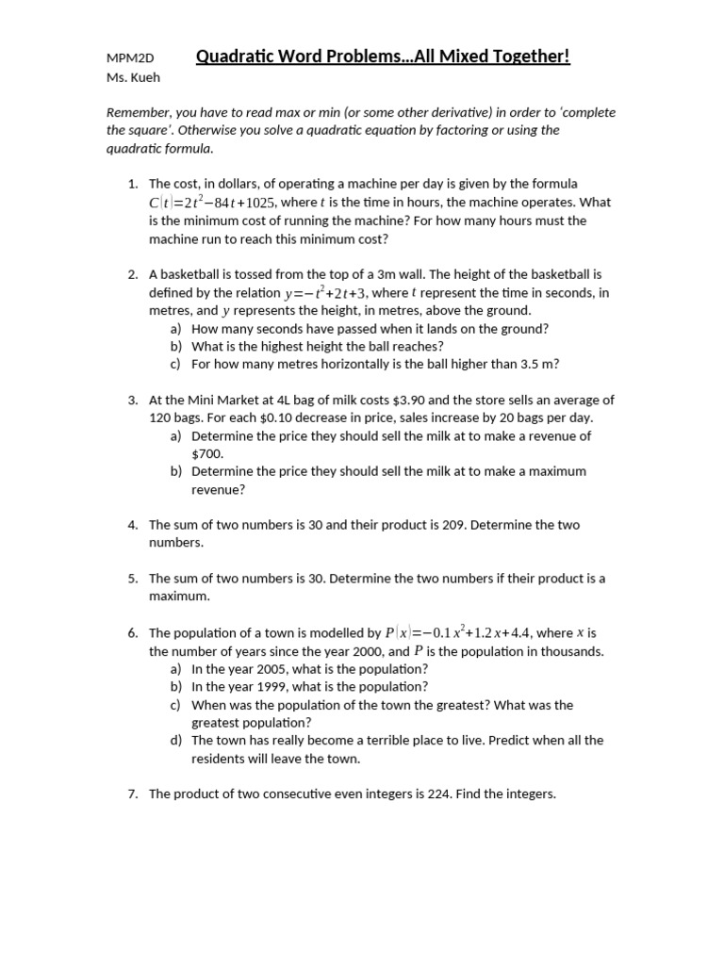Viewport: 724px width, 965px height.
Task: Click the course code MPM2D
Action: click(130, 58)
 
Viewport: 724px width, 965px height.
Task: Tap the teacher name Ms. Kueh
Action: click(133, 76)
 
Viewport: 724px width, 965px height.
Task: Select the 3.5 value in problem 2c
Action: click(533, 364)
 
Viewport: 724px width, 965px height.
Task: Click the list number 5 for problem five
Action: click(133, 579)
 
